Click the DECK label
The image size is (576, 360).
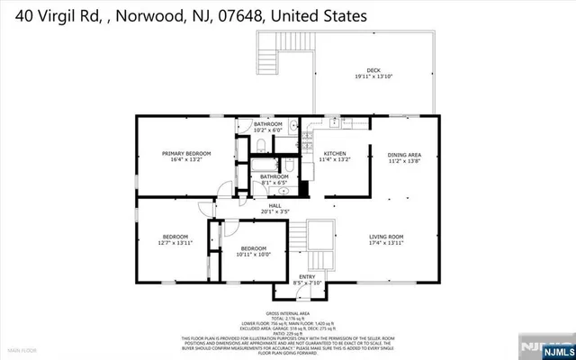coord(373,71)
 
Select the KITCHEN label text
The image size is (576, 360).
coord(336,154)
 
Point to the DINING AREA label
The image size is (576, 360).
coord(404,154)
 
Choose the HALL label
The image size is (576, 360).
coord(274,205)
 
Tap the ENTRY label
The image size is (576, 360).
coord(307,276)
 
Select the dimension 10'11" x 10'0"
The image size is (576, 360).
coord(253,254)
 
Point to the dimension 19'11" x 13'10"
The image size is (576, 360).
coord(373,78)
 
